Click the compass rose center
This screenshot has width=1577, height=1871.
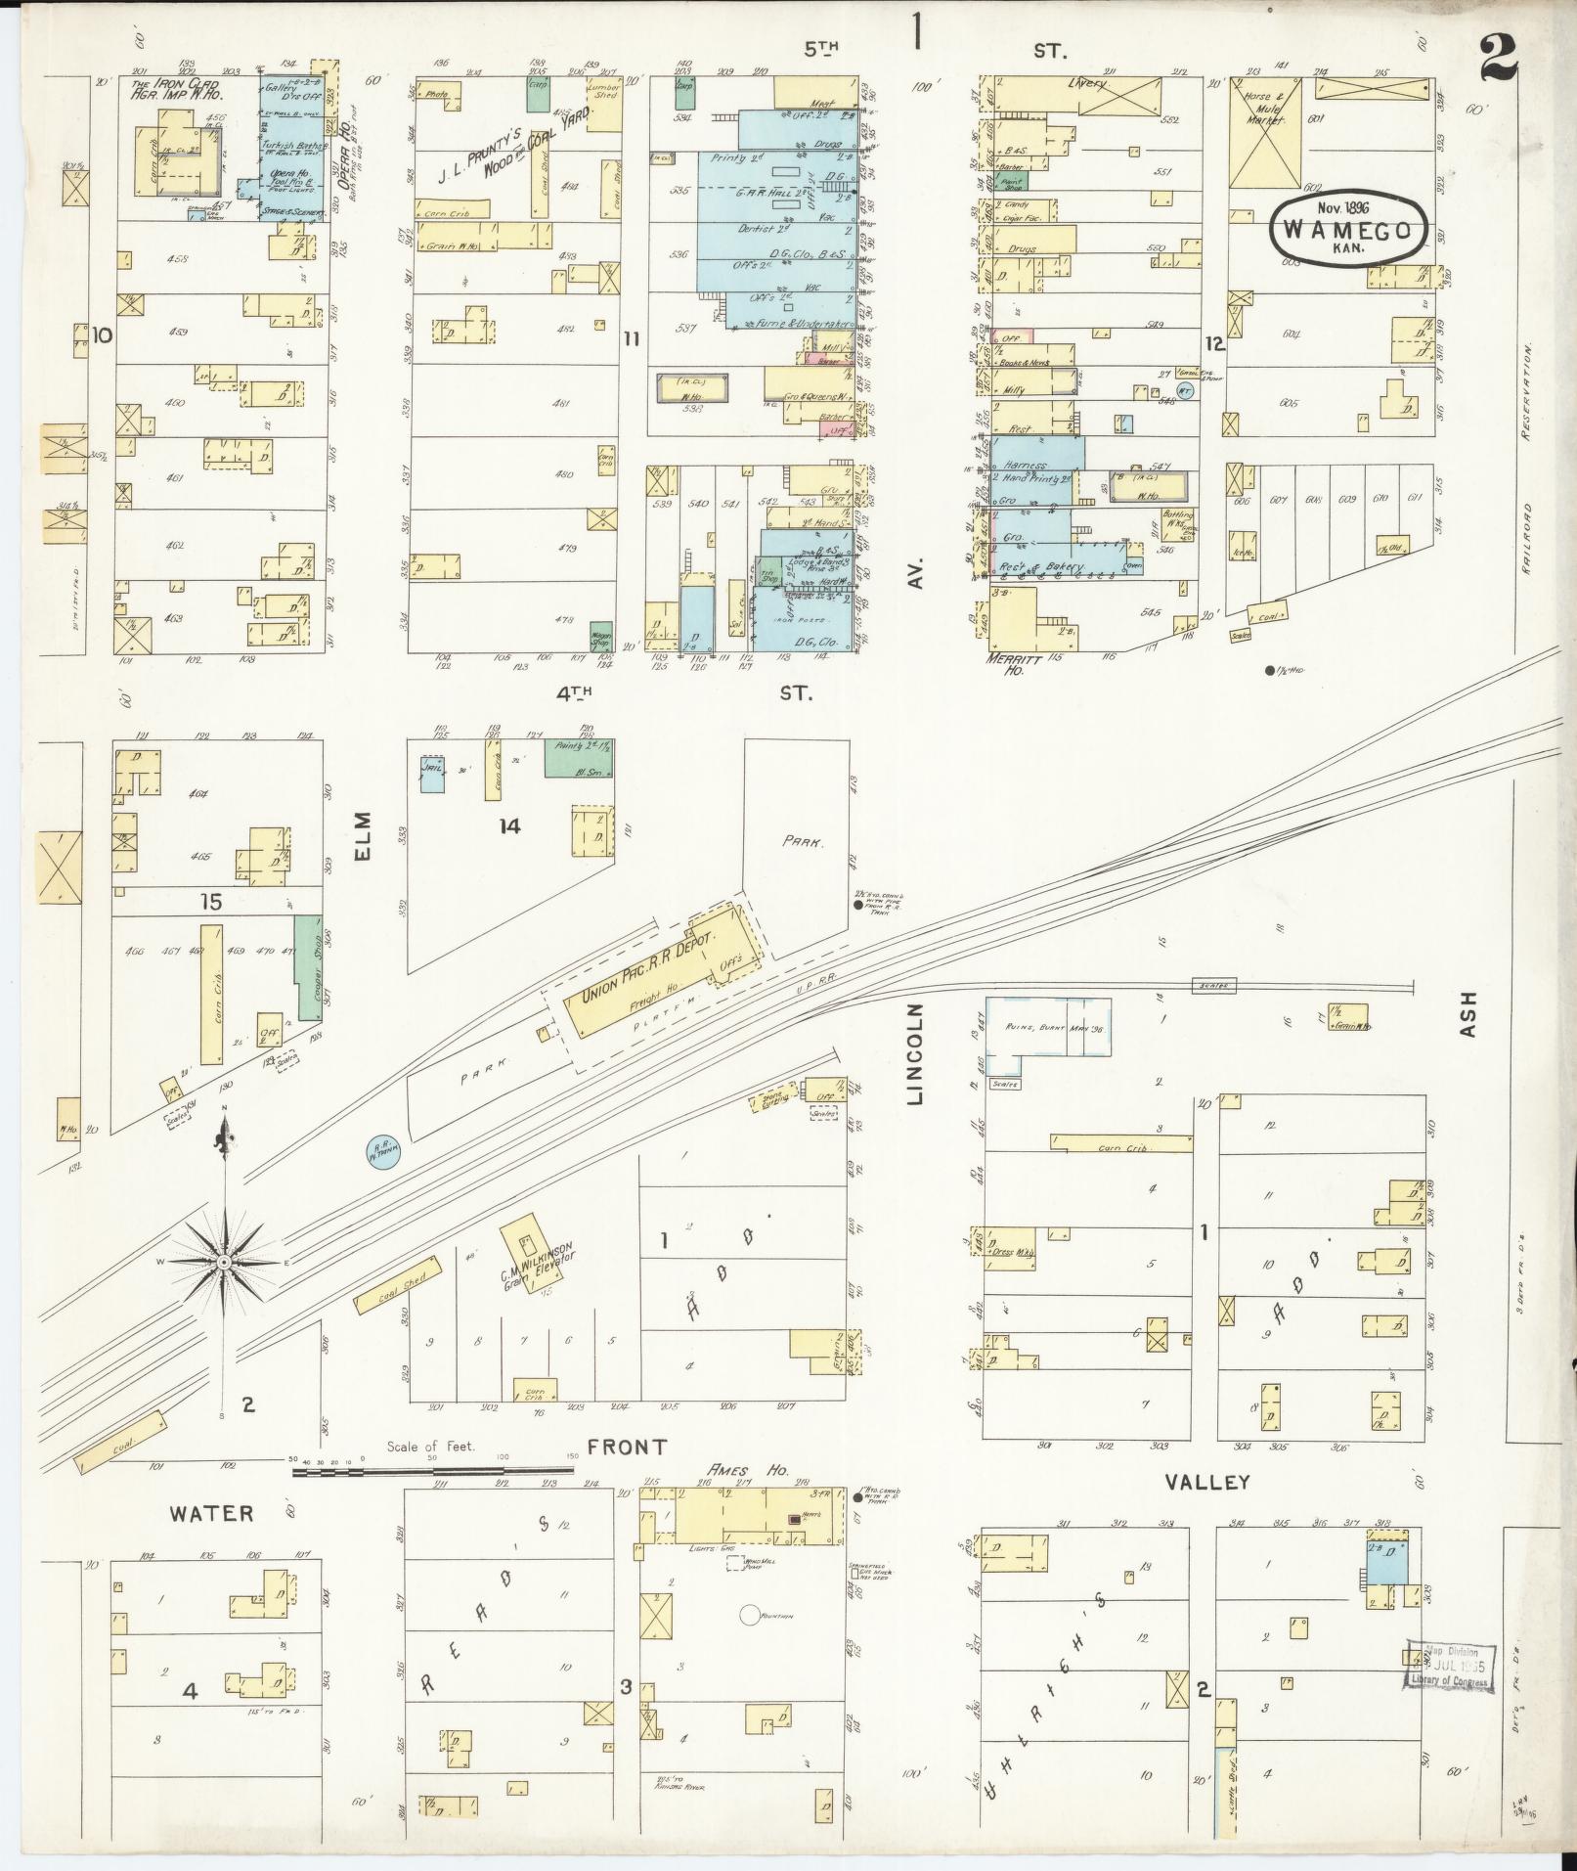[x=224, y=1263]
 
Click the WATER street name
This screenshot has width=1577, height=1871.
[x=211, y=1513]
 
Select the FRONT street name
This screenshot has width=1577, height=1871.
[x=627, y=1447]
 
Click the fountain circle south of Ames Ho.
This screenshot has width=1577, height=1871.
[x=750, y=1615]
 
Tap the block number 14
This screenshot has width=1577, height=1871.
[x=508, y=826]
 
